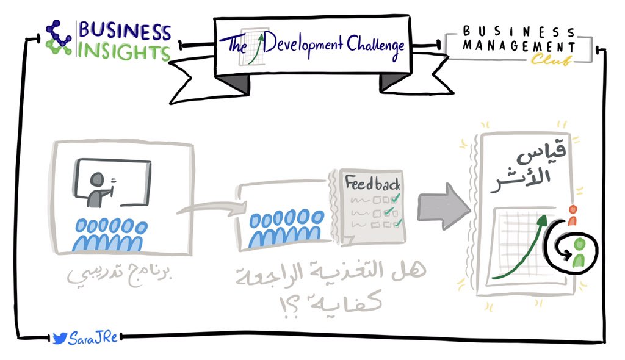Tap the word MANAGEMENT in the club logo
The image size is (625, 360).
click(x=519, y=46)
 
